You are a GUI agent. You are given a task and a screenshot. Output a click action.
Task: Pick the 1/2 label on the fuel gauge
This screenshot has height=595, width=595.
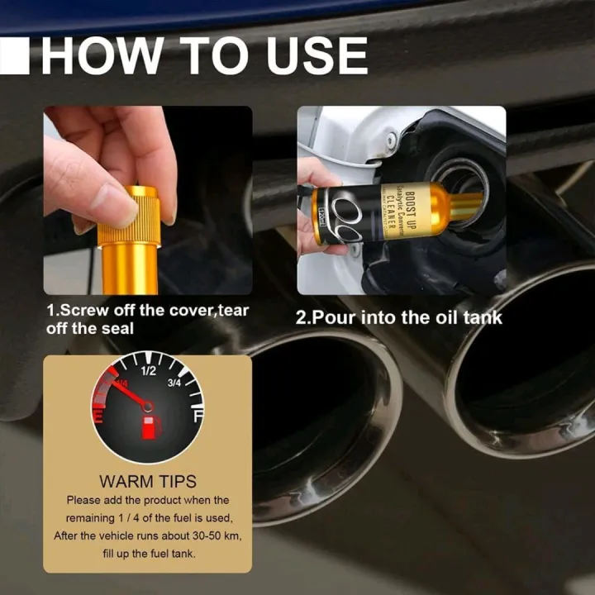point(149,371)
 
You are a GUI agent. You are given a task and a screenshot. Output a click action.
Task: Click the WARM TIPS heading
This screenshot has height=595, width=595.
point(148,481)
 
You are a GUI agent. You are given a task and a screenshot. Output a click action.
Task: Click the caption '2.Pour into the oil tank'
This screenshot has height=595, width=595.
point(399,317)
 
